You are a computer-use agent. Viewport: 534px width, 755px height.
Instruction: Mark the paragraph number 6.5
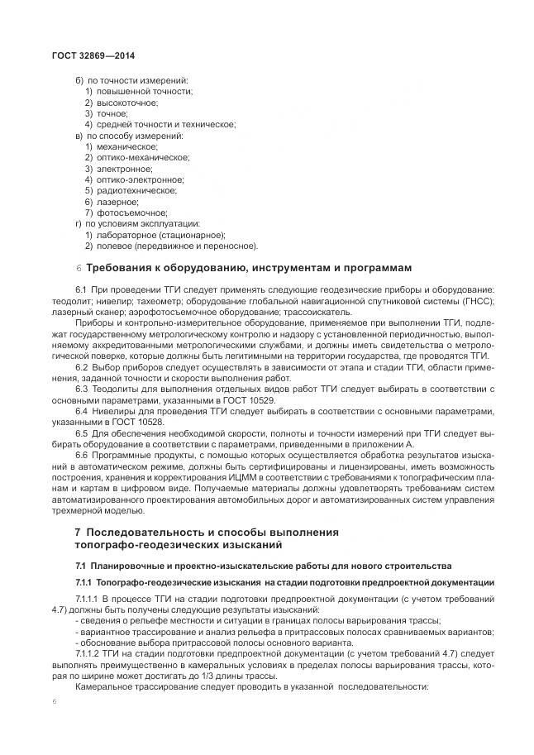pos(81,432)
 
